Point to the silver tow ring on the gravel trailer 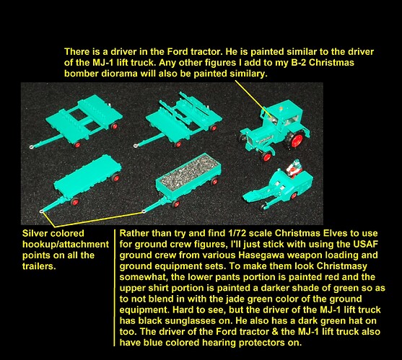(x=144, y=211)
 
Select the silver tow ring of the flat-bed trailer (x=41, y=211)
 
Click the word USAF (x=365, y=244)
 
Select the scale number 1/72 (x=237, y=233)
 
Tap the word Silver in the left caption (x=35, y=234)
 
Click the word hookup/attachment (x=66, y=245)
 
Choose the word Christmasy (x=341, y=266)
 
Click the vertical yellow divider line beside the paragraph (x=114, y=288)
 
